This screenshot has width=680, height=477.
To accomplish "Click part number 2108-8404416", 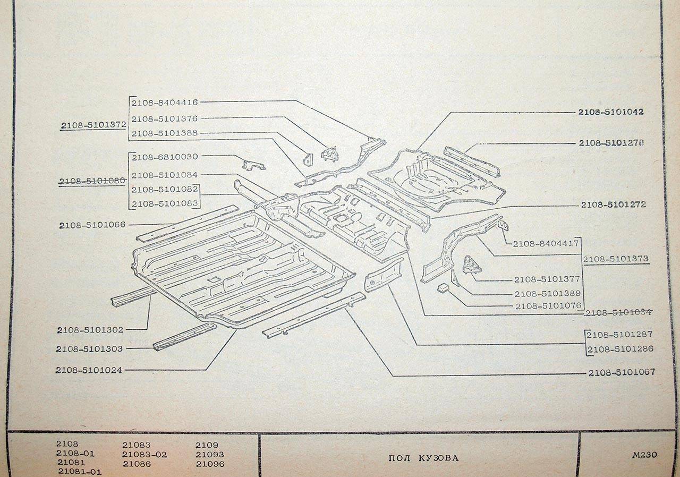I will [165, 103].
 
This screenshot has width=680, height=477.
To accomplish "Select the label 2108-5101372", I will [93, 125].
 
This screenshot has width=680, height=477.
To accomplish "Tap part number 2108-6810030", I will [165, 157].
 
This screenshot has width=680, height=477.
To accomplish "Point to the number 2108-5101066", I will [92, 225].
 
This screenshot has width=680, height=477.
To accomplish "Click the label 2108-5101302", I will [90, 330].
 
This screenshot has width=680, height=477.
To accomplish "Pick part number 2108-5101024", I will [89, 370].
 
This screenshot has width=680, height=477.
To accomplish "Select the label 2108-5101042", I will [611, 112].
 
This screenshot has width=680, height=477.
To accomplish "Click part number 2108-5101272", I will [613, 205].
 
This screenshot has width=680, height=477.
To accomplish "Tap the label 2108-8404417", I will [546, 244].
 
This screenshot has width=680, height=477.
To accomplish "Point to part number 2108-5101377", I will [547, 279].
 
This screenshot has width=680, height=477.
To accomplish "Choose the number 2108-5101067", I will [622, 372].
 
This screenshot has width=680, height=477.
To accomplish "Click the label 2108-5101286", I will [620, 349].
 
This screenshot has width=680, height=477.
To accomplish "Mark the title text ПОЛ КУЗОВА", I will [423, 458].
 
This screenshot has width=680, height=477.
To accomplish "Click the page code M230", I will [644, 455].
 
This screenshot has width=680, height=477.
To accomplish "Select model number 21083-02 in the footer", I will [144, 455].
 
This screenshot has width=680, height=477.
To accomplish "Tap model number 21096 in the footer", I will [210, 464].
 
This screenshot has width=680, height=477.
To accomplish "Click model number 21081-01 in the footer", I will [80, 472].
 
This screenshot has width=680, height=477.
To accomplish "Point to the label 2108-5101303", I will [89, 349].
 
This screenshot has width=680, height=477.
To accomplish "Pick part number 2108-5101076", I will [548, 306].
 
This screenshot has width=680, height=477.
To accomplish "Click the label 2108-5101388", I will [165, 133].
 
